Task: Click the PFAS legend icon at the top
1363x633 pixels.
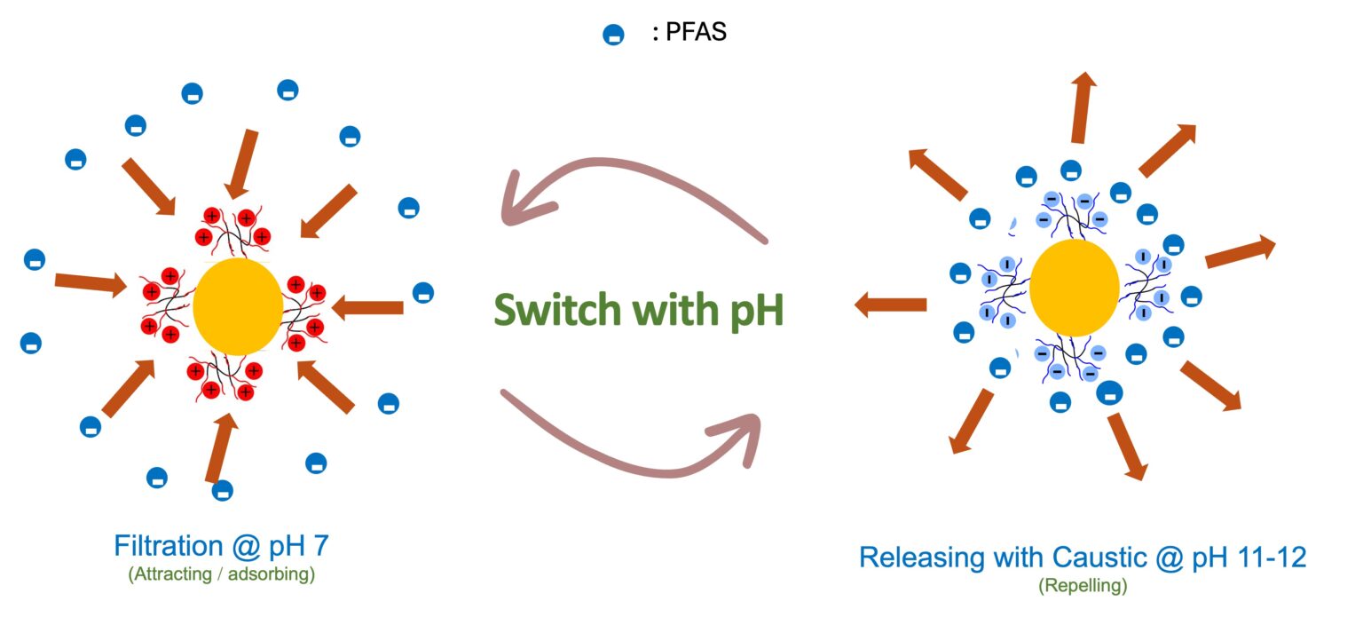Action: [613, 36]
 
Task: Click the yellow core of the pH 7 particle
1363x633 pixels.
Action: [238, 306]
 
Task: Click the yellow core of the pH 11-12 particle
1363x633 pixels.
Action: [1074, 288]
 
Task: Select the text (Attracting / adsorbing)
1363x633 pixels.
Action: [221, 574]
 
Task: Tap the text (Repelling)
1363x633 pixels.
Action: [1083, 586]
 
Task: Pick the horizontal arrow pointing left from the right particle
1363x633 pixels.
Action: [890, 305]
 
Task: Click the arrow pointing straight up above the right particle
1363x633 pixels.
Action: [1081, 107]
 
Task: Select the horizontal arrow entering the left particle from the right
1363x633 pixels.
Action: [367, 308]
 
